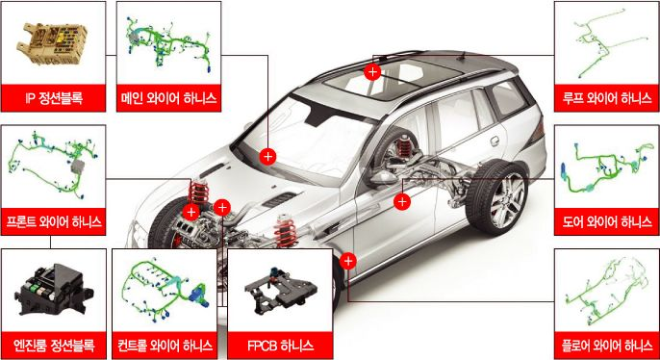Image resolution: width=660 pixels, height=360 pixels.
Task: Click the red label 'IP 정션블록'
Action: point(53,98)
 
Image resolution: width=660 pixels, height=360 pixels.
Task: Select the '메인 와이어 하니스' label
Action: point(168,98)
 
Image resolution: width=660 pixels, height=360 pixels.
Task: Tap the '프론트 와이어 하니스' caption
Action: point(53,221)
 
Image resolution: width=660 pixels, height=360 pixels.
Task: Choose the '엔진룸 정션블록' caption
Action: point(53,346)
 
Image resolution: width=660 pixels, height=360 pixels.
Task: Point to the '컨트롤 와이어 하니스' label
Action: point(165,346)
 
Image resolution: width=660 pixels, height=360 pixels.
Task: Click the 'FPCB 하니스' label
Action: point(280,346)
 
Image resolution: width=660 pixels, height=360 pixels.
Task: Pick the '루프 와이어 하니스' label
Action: point(606,98)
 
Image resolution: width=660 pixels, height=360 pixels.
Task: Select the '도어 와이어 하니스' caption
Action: point(606,221)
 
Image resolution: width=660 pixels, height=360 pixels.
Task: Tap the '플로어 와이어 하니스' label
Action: point(606,346)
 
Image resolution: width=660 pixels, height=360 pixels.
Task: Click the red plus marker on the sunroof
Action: point(372,72)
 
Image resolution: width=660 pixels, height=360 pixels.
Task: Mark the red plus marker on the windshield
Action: point(267,157)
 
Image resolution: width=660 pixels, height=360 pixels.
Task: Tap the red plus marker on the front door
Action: point(402,202)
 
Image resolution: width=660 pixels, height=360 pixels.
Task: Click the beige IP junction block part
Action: point(52,43)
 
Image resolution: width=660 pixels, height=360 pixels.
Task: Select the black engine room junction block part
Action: point(54,289)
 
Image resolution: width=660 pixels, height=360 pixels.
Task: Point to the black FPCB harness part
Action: point(281,291)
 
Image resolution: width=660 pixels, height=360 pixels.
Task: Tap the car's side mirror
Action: point(382,177)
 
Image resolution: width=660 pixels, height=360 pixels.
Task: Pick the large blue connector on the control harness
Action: point(198,296)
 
